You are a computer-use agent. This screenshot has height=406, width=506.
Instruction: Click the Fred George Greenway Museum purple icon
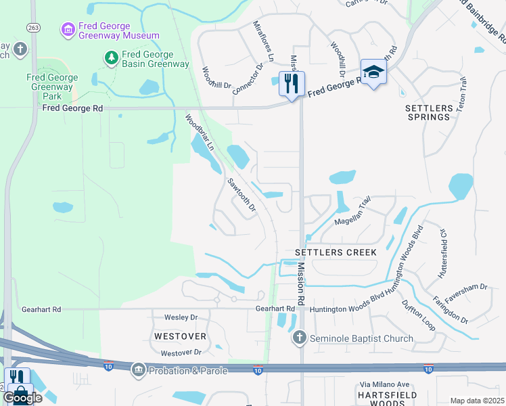[67, 29]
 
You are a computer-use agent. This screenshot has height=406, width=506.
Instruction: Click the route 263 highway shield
[32, 27]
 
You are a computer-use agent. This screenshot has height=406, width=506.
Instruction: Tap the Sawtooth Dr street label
[241, 195]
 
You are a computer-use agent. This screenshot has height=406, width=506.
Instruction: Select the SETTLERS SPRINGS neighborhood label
[428, 112]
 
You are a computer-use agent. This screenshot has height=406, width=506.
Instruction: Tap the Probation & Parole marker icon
[139, 369]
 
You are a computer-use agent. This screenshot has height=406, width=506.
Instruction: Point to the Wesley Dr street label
[181, 317]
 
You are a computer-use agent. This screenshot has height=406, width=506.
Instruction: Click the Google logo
[22, 398]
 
